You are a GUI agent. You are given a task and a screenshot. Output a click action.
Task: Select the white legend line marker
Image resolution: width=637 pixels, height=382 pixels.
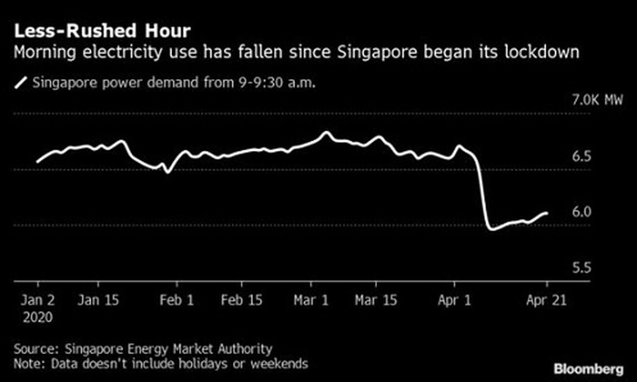(20, 84)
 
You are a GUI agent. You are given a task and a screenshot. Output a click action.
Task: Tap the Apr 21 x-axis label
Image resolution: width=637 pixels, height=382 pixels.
(546, 299)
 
